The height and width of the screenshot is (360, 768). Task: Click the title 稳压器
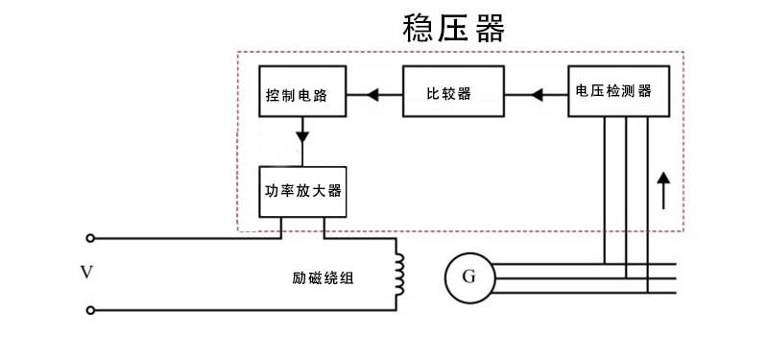pos(453,29)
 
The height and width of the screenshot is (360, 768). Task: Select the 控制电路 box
pos(302,93)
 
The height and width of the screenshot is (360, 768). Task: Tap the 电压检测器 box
pos(613,91)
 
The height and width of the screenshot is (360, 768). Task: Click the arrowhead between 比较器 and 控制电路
pos(372,93)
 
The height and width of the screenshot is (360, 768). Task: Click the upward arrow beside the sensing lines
pos(663,190)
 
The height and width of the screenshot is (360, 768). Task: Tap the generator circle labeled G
pos(468,277)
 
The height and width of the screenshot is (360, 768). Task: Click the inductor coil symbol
pos(400,273)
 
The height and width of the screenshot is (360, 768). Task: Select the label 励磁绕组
pos(323,279)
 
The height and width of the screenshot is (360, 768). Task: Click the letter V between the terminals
pos(86,274)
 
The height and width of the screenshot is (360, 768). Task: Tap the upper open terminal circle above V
pos(90,237)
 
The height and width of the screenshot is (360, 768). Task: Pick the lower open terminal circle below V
pos(90,310)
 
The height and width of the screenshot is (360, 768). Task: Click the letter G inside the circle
pos(468,277)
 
